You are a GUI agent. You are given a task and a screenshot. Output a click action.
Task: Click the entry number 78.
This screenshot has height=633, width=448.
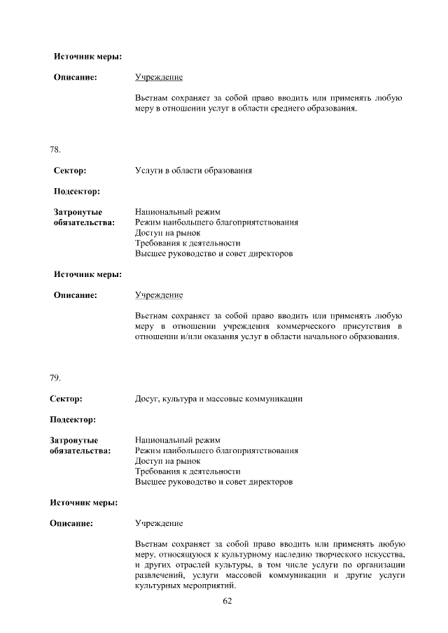pos(55,150)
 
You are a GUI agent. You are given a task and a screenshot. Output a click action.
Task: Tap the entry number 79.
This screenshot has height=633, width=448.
pos(55,378)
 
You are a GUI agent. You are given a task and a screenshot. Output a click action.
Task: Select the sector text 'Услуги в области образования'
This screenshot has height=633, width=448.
pos(193,171)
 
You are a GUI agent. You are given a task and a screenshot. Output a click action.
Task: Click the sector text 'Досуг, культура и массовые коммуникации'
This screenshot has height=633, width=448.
pos(218,399)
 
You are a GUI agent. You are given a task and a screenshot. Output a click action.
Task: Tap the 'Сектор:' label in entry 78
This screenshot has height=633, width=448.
pos(69,171)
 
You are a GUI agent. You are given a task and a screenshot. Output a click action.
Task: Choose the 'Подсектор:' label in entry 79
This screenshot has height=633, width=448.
pos(73,420)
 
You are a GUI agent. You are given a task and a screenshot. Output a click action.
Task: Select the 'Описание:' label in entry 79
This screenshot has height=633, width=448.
pos(71,523)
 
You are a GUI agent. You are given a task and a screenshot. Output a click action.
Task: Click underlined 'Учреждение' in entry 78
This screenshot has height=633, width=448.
pos(159,295)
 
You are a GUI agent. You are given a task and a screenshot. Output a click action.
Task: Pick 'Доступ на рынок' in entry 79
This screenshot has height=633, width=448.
pos(168,461)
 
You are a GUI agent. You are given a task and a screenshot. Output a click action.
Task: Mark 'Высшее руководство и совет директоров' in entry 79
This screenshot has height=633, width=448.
pos(213,482)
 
